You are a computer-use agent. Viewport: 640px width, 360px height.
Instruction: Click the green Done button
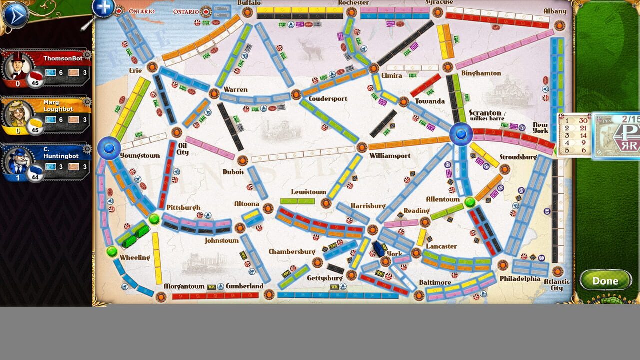(605, 281)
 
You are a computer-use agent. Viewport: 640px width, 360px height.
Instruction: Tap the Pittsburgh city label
(183, 207)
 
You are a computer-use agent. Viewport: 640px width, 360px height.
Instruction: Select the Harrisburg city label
(368, 206)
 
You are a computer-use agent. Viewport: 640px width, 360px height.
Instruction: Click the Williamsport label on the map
(390, 156)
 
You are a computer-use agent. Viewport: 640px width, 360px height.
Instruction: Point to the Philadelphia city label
(520, 278)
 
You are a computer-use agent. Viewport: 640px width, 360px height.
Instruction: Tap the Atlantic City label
(556, 285)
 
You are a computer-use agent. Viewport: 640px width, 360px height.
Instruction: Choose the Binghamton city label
(481, 73)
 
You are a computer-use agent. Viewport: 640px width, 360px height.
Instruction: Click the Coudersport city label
(328, 99)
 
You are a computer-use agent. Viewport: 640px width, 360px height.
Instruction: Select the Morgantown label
(184, 286)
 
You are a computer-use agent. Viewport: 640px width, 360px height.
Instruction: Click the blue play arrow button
(14, 15)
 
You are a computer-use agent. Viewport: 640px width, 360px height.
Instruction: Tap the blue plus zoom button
(104, 7)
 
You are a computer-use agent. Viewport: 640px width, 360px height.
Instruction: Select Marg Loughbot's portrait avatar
(18, 114)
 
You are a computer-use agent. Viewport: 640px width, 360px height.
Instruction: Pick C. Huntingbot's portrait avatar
(18, 162)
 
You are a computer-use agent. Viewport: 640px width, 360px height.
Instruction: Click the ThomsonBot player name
(62, 58)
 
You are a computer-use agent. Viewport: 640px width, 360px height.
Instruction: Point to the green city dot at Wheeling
(112, 251)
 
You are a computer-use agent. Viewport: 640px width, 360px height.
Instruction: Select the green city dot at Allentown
(469, 202)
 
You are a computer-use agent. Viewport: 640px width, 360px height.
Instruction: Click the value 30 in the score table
(583, 120)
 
